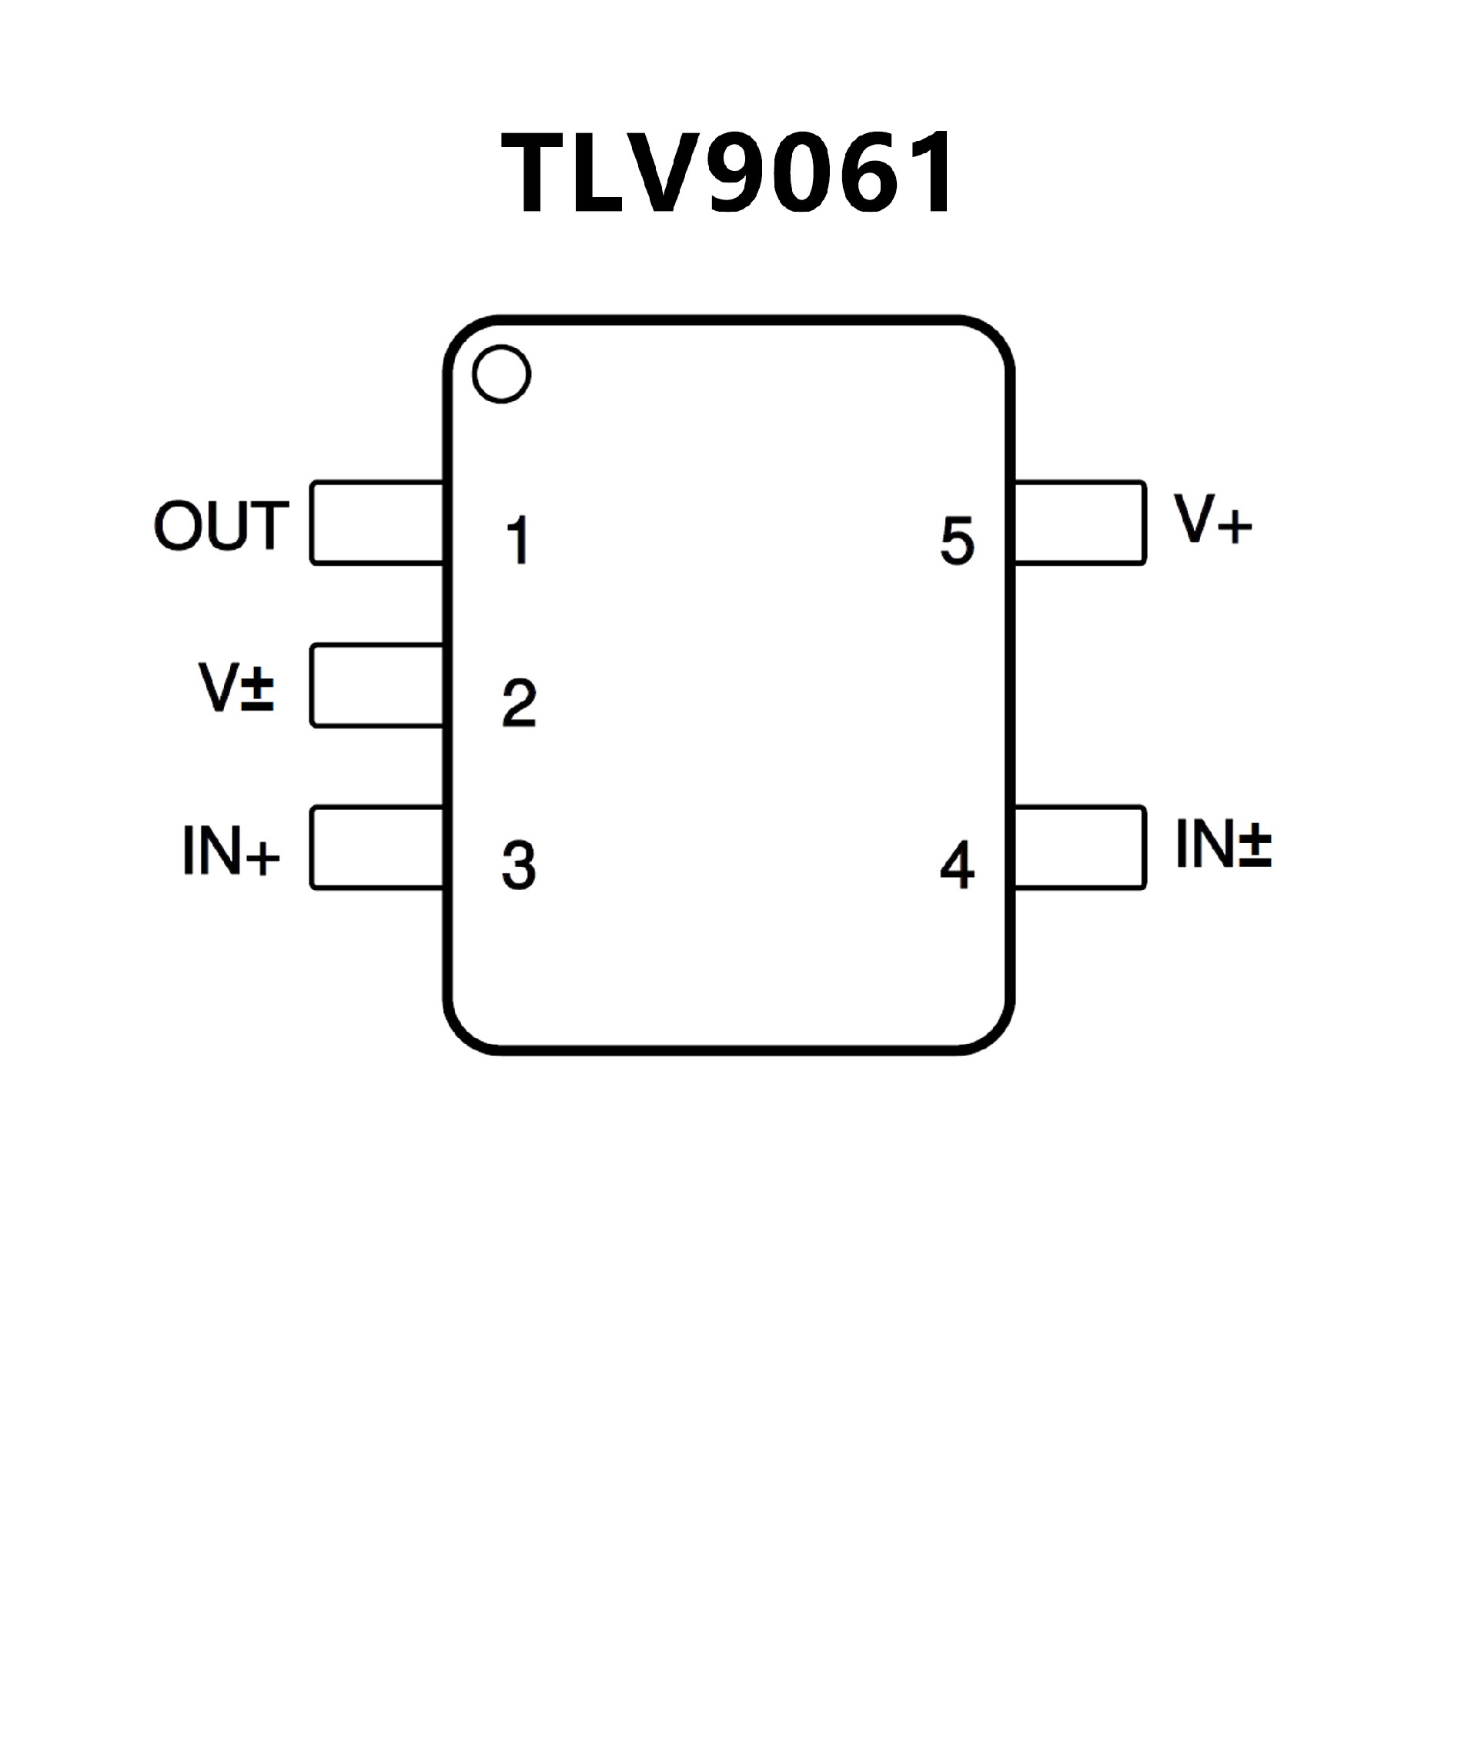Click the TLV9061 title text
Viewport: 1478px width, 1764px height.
727,173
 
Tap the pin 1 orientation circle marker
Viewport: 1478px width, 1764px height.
501,373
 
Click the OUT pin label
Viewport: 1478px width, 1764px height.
222,526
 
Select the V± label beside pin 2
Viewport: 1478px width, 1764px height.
236,687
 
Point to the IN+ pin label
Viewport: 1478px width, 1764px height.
230,850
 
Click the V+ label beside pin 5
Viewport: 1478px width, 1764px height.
1212,519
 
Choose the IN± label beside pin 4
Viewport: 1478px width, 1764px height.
1222,843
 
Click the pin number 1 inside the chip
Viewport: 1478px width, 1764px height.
518,539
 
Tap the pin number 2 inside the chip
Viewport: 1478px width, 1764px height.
519,702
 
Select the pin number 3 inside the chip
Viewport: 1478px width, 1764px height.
519,865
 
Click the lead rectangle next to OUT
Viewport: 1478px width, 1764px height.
376,523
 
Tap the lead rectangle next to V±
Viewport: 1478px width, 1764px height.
376,685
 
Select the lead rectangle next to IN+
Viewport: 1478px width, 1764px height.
376,847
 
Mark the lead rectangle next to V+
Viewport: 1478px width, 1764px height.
1080,523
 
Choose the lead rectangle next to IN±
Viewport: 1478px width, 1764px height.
1080,847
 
